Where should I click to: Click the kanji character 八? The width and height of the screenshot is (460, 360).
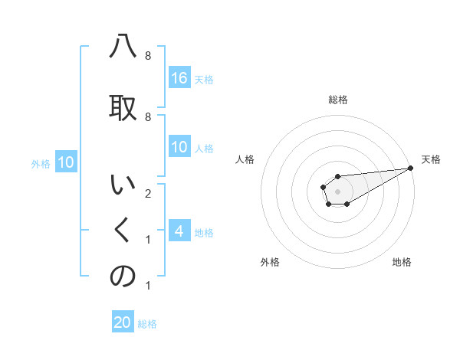pyautogui.click(x=123, y=48)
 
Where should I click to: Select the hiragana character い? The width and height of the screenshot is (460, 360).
pyautogui.click(x=123, y=186)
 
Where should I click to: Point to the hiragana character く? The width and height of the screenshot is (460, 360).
pyautogui.click(x=123, y=230)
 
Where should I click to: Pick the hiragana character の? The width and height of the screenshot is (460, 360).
pyautogui.click(x=123, y=277)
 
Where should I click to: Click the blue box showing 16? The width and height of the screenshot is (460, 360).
pyautogui.click(x=179, y=78)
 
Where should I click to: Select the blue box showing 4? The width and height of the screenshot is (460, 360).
pyautogui.click(x=179, y=231)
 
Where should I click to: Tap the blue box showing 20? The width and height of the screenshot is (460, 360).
pyautogui.click(x=123, y=322)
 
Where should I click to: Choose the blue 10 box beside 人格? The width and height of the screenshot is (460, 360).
pyautogui.click(x=179, y=148)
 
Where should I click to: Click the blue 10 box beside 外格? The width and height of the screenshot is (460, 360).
pyautogui.click(x=66, y=162)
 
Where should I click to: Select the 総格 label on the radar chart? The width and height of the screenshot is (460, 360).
pyautogui.click(x=338, y=100)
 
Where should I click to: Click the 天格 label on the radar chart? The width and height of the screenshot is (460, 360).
pyautogui.click(x=431, y=159)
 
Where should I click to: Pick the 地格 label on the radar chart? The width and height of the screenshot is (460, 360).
pyautogui.click(x=402, y=262)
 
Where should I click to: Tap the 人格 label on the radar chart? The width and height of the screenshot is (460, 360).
pyautogui.click(x=245, y=159)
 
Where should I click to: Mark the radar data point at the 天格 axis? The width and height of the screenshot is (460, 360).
pyautogui.click(x=411, y=168)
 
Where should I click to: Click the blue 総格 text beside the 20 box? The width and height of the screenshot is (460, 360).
pyautogui.click(x=147, y=324)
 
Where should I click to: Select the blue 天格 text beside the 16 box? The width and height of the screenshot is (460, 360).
pyautogui.click(x=204, y=79)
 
